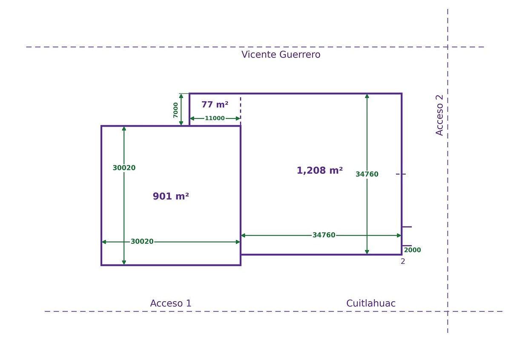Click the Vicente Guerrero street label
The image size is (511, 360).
click(x=281, y=55)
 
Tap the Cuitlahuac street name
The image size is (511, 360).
click(x=371, y=303)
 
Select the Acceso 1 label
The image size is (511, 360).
click(x=171, y=303)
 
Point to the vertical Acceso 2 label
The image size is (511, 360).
click(x=439, y=115)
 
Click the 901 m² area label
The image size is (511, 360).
click(x=171, y=196)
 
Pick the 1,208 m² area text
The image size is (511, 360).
click(x=320, y=170)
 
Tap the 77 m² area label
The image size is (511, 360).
click(x=215, y=104)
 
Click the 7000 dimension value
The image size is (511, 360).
click(x=175, y=110)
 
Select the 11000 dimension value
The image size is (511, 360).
click(x=215, y=118)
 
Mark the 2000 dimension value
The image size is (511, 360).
click(x=413, y=250)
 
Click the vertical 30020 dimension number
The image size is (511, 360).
click(x=124, y=168)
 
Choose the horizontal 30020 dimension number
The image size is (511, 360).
click(x=142, y=242)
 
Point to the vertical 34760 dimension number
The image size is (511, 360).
click(x=367, y=174)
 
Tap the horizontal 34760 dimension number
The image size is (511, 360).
click(x=324, y=235)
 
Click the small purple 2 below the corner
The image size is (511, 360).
click(x=403, y=262)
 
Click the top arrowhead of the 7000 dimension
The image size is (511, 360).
click(x=181, y=96)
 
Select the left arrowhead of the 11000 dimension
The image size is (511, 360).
click(x=192, y=118)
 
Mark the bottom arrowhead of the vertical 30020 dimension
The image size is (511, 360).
click(x=124, y=262)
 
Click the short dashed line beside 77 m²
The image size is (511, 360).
click(x=241, y=111)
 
